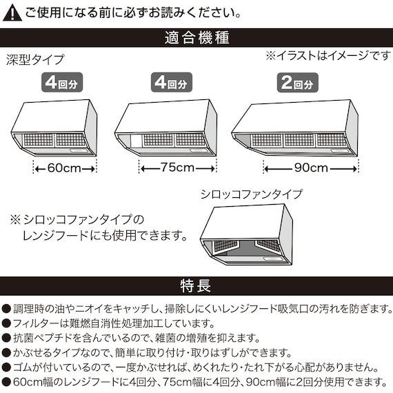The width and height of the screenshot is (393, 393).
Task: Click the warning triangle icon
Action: click(12, 13)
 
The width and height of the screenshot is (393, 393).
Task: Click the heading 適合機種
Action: click(197, 38)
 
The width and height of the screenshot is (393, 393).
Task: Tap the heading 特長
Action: click(196, 285)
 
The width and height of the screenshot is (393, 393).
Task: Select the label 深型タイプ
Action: click(35, 60)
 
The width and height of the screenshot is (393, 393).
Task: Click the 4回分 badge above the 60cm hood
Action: click(62, 82)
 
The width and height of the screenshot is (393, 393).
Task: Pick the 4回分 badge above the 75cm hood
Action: click(172, 82)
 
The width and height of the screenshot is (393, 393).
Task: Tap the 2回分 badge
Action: click(297, 83)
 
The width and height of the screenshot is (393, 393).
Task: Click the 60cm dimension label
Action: click(64, 168)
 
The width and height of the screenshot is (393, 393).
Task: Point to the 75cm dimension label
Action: click(177, 167)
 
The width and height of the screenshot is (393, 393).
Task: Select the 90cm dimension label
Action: click(311, 168)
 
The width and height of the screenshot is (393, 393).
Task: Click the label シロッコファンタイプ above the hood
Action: click(252, 194)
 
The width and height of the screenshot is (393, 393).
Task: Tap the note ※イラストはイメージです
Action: click(328, 55)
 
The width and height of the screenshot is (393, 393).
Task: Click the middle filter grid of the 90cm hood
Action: click(299, 140)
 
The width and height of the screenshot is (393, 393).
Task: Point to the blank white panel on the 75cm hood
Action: click(137, 141)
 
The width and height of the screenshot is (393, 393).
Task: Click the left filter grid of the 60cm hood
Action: click(38, 140)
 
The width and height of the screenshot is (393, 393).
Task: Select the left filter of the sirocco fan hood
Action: click(225, 245)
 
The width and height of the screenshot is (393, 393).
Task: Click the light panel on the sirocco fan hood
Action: click(273, 258)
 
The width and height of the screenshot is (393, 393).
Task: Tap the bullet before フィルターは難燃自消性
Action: click(6, 323)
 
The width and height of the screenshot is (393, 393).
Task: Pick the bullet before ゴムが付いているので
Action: click(6, 367)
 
